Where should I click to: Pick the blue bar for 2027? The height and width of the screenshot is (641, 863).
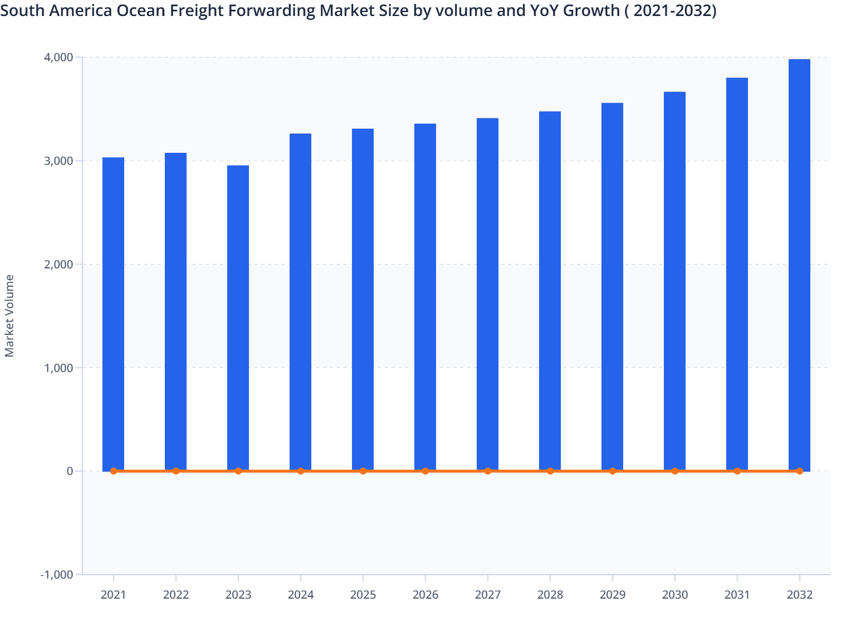[488, 294]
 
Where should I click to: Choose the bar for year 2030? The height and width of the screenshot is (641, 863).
[675, 281]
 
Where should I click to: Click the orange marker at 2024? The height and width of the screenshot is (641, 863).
[300, 471]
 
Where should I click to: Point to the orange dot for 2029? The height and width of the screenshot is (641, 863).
[612, 471]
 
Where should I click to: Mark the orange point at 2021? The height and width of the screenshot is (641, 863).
[113, 471]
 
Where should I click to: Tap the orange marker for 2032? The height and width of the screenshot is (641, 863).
[799, 471]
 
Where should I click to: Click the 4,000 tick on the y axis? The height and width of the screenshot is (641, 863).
[58, 57]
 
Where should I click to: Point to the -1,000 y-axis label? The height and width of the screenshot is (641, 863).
[57, 575]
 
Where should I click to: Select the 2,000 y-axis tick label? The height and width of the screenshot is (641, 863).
[58, 264]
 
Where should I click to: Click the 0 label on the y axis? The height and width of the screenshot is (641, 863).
[70, 471]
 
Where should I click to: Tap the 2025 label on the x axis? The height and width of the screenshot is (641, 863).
[363, 595]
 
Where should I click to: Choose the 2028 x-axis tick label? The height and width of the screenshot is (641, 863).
[550, 595]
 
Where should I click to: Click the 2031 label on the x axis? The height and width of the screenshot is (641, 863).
[737, 595]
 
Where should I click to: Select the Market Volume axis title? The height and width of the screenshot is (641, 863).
[10, 316]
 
